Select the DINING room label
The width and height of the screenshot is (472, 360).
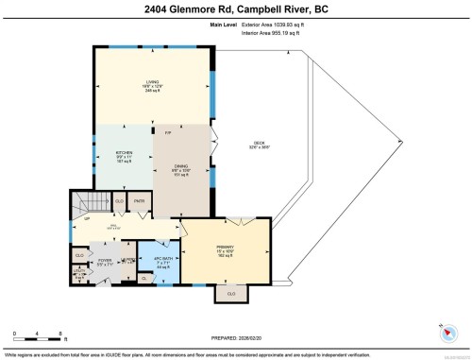click(x=183, y=166)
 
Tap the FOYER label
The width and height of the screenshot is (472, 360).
click(x=104, y=260)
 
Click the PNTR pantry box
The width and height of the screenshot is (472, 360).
click(x=140, y=201)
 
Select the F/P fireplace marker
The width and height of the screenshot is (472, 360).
click(x=168, y=134)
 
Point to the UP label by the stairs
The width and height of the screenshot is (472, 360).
click(x=86, y=219)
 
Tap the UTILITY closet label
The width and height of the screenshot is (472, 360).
click(x=79, y=273)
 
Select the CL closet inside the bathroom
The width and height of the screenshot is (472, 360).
click(x=144, y=277)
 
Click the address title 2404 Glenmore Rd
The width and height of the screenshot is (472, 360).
click(x=235, y=9)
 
